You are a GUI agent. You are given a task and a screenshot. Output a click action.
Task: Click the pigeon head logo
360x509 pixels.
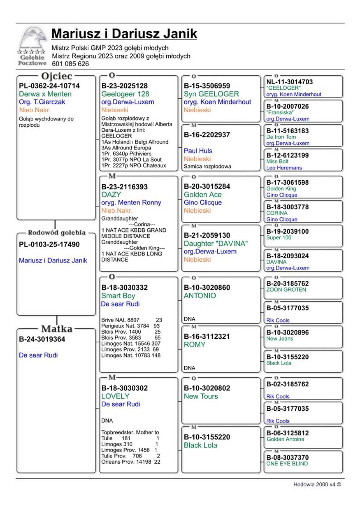[33, 38]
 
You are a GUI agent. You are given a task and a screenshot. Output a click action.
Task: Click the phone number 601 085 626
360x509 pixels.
[70, 64]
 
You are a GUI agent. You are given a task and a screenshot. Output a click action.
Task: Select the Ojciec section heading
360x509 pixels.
[57, 76]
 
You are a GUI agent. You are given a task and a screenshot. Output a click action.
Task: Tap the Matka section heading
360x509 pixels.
[57, 329]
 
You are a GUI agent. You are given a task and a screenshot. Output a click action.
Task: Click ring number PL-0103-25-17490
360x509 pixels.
[49, 244]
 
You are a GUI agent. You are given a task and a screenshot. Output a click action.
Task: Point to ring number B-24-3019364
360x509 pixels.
[42, 339]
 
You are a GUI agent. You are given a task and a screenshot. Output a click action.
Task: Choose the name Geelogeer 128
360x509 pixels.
[125, 94]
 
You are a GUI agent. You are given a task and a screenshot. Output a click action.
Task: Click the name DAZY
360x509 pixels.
[111, 195]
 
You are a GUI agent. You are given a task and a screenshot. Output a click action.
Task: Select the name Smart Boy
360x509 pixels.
[118, 296]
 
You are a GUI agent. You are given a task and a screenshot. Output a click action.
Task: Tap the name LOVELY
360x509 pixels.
[115, 396]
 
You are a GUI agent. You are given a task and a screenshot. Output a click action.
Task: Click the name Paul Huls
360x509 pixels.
[198, 151]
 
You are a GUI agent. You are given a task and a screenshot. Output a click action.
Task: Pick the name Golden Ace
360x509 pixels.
[203, 195]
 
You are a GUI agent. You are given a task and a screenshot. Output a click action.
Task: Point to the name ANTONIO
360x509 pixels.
[200, 296]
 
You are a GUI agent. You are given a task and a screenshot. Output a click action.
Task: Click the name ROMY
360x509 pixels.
[194, 344]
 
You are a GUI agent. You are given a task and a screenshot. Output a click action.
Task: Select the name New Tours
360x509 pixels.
[201, 396]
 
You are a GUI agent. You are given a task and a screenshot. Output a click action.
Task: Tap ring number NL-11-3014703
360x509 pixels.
[289, 82]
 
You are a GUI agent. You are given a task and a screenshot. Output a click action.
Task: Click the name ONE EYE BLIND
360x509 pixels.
[287, 464]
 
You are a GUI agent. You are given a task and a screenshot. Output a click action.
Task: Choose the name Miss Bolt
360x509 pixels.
[278, 161]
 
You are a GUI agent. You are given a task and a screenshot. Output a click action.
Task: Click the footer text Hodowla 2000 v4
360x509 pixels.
[317, 485]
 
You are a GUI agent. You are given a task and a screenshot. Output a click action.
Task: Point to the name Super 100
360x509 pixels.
[279, 238]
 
